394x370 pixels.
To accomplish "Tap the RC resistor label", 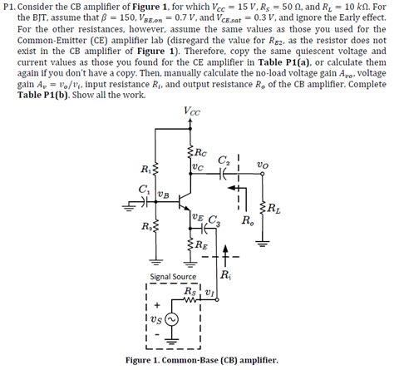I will click(199, 152).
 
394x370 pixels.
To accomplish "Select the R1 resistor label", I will click(148, 170).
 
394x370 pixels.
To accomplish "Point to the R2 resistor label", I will click(149, 225).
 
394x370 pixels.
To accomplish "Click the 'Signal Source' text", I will click(172, 277).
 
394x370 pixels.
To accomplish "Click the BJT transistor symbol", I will click(187, 200).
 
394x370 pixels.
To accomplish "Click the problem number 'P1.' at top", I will click(10, 7).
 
